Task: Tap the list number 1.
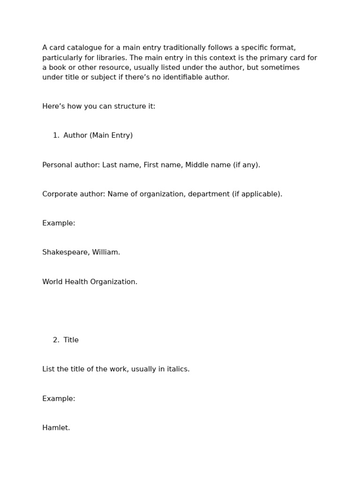(56, 135)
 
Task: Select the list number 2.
(56, 340)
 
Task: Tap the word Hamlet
(56, 428)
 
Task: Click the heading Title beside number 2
(71, 340)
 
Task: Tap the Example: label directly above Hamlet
(59, 399)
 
